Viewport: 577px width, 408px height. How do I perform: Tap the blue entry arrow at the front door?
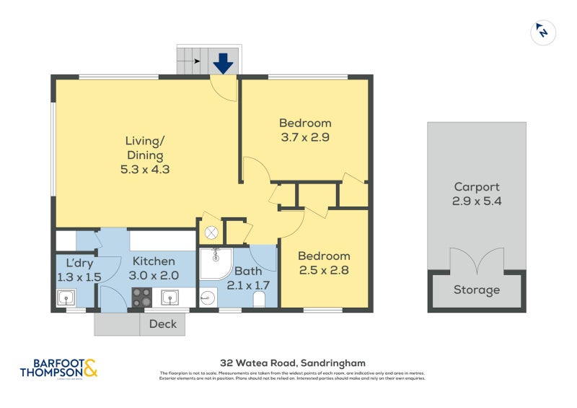pyautogui.click(x=223, y=64)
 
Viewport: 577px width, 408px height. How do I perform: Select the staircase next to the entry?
pyautogui.click(x=192, y=61)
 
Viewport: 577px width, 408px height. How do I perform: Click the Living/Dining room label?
pyautogui.click(x=144, y=148)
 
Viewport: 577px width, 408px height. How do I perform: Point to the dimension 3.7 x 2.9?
pyautogui.click(x=304, y=136)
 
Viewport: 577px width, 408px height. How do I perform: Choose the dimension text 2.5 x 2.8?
pyautogui.click(x=324, y=270)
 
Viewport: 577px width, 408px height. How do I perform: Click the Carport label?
pyautogui.click(x=476, y=187)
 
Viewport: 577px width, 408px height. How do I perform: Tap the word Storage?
pyautogui.click(x=476, y=290)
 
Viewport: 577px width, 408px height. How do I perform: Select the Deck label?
pyautogui.click(x=162, y=324)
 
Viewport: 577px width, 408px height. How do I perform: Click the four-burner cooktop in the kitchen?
pyautogui.click(x=142, y=297)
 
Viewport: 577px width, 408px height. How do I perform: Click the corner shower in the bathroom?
pyautogui.click(x=213, y=263)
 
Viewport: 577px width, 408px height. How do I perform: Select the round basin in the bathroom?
pyautogui.click(x=208, y=298)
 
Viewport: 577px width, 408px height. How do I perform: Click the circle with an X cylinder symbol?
pyautogui.click(x=211, y=233)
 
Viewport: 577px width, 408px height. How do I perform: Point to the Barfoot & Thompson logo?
pyautogui.click(x=58, y=368)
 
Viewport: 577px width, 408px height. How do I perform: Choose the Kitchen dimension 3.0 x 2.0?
pyautogui.click(x=153, y=275)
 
